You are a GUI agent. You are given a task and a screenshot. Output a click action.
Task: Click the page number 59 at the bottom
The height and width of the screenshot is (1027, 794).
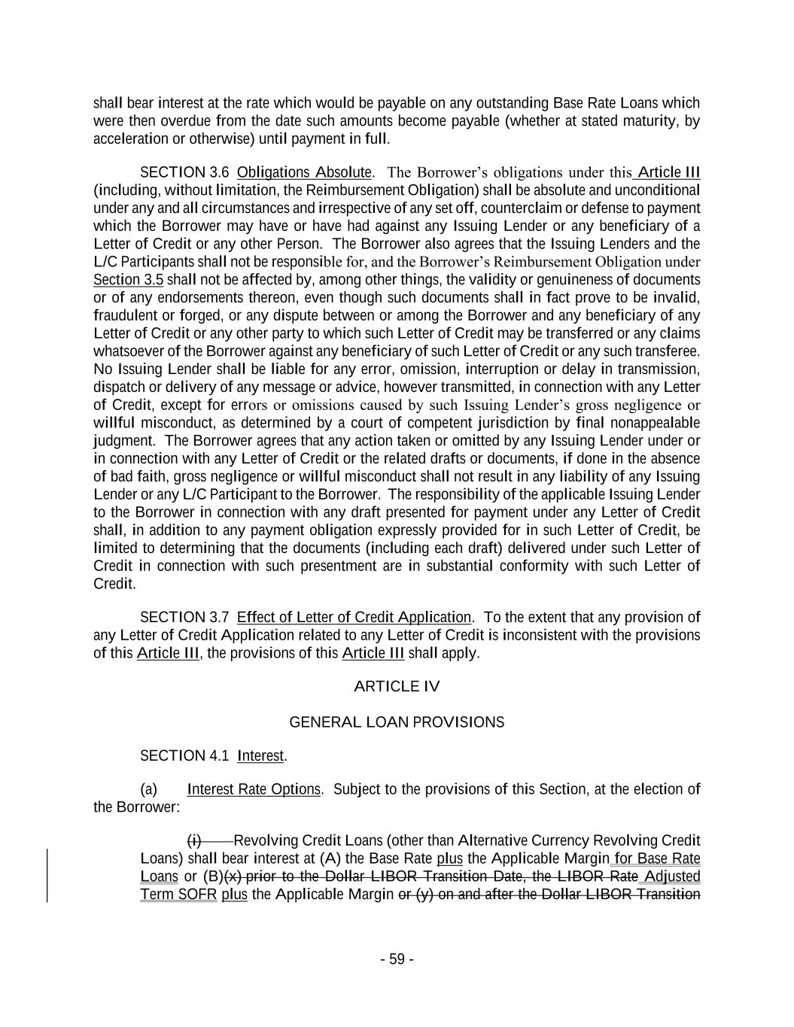click(x=397, y=959)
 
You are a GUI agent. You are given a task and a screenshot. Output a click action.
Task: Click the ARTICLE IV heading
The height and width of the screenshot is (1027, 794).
click(x=397, y=686)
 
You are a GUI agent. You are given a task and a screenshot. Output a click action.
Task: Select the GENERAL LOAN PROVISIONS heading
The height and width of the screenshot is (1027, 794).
click(x=397, y=722)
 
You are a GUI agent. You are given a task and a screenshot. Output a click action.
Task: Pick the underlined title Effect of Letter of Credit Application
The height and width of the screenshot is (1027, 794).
click(x=354, y=618)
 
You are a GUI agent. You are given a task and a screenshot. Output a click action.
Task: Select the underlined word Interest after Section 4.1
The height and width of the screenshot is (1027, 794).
click(x=260, y=755)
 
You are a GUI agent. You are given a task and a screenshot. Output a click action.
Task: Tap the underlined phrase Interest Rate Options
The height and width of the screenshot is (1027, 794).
click(x=254, y=789)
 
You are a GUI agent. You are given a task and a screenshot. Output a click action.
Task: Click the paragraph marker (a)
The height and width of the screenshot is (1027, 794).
click(x=149, y=789)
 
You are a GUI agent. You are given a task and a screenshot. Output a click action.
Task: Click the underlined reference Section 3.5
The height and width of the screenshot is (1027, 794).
click(x=128, y=280)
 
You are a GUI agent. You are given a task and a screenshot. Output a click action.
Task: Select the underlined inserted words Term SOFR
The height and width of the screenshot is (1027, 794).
click(x=178, y=895)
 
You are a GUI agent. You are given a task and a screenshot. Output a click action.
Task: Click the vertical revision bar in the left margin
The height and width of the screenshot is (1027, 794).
click(x=48, y=875)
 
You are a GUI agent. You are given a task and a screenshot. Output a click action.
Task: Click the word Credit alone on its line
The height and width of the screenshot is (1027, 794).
click(x=114, y=584)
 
